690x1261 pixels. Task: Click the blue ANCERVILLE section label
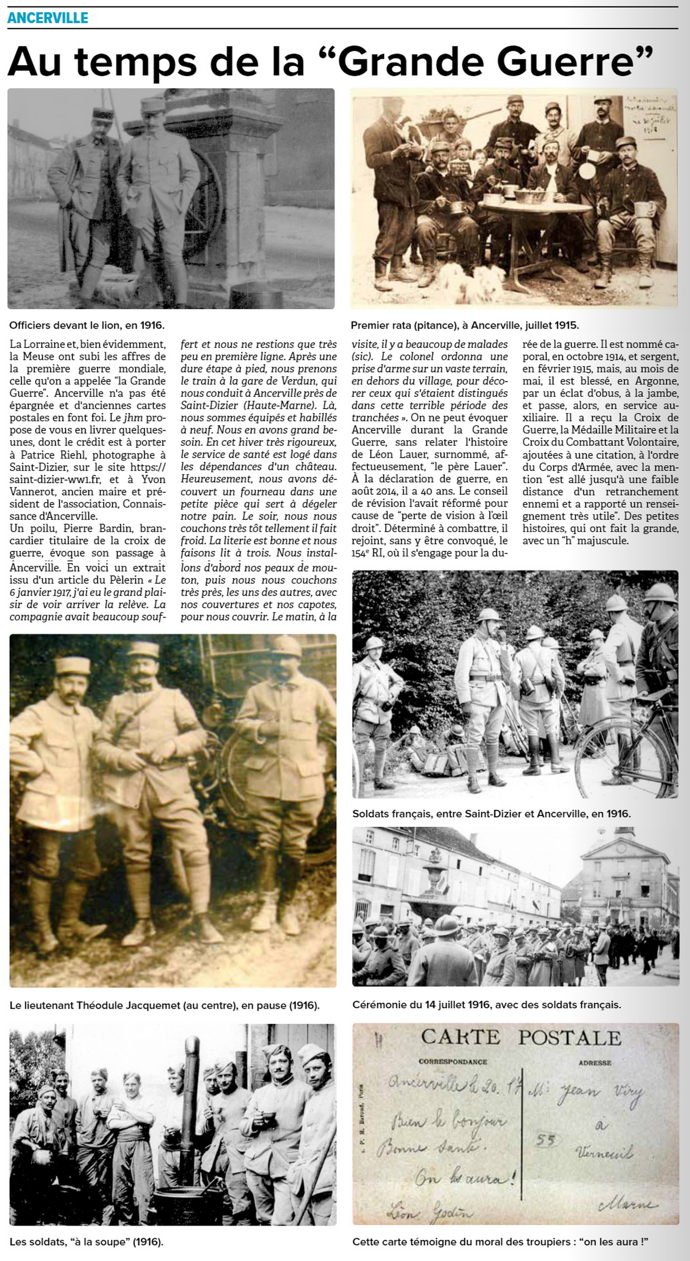pos(48,18)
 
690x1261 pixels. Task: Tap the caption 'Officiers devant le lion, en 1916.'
pos(87,325)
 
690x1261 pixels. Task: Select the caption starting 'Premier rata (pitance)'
pos(465,325)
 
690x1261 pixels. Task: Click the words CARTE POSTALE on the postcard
pos(521,1038)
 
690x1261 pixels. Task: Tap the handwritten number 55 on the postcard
pos(545,1140)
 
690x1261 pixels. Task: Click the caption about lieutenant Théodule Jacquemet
pos(165,1006)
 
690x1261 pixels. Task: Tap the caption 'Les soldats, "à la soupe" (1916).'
pos(86,1242)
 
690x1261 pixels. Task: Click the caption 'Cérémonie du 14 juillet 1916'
pos(486,1005)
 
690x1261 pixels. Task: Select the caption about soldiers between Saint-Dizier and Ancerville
pos(491,813)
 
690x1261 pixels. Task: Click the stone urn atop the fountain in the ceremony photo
pos(434,870)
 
